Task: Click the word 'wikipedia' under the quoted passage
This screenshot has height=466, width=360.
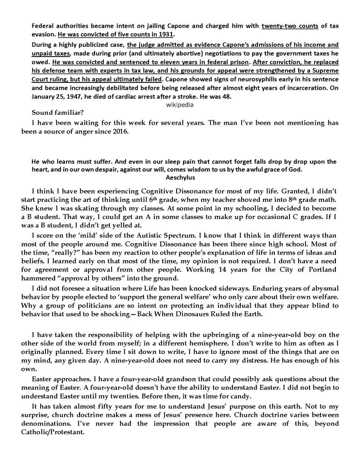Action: coord(180,104)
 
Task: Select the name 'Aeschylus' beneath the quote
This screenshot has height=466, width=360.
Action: coord(180,178)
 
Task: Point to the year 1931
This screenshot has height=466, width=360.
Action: coord(167,35)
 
